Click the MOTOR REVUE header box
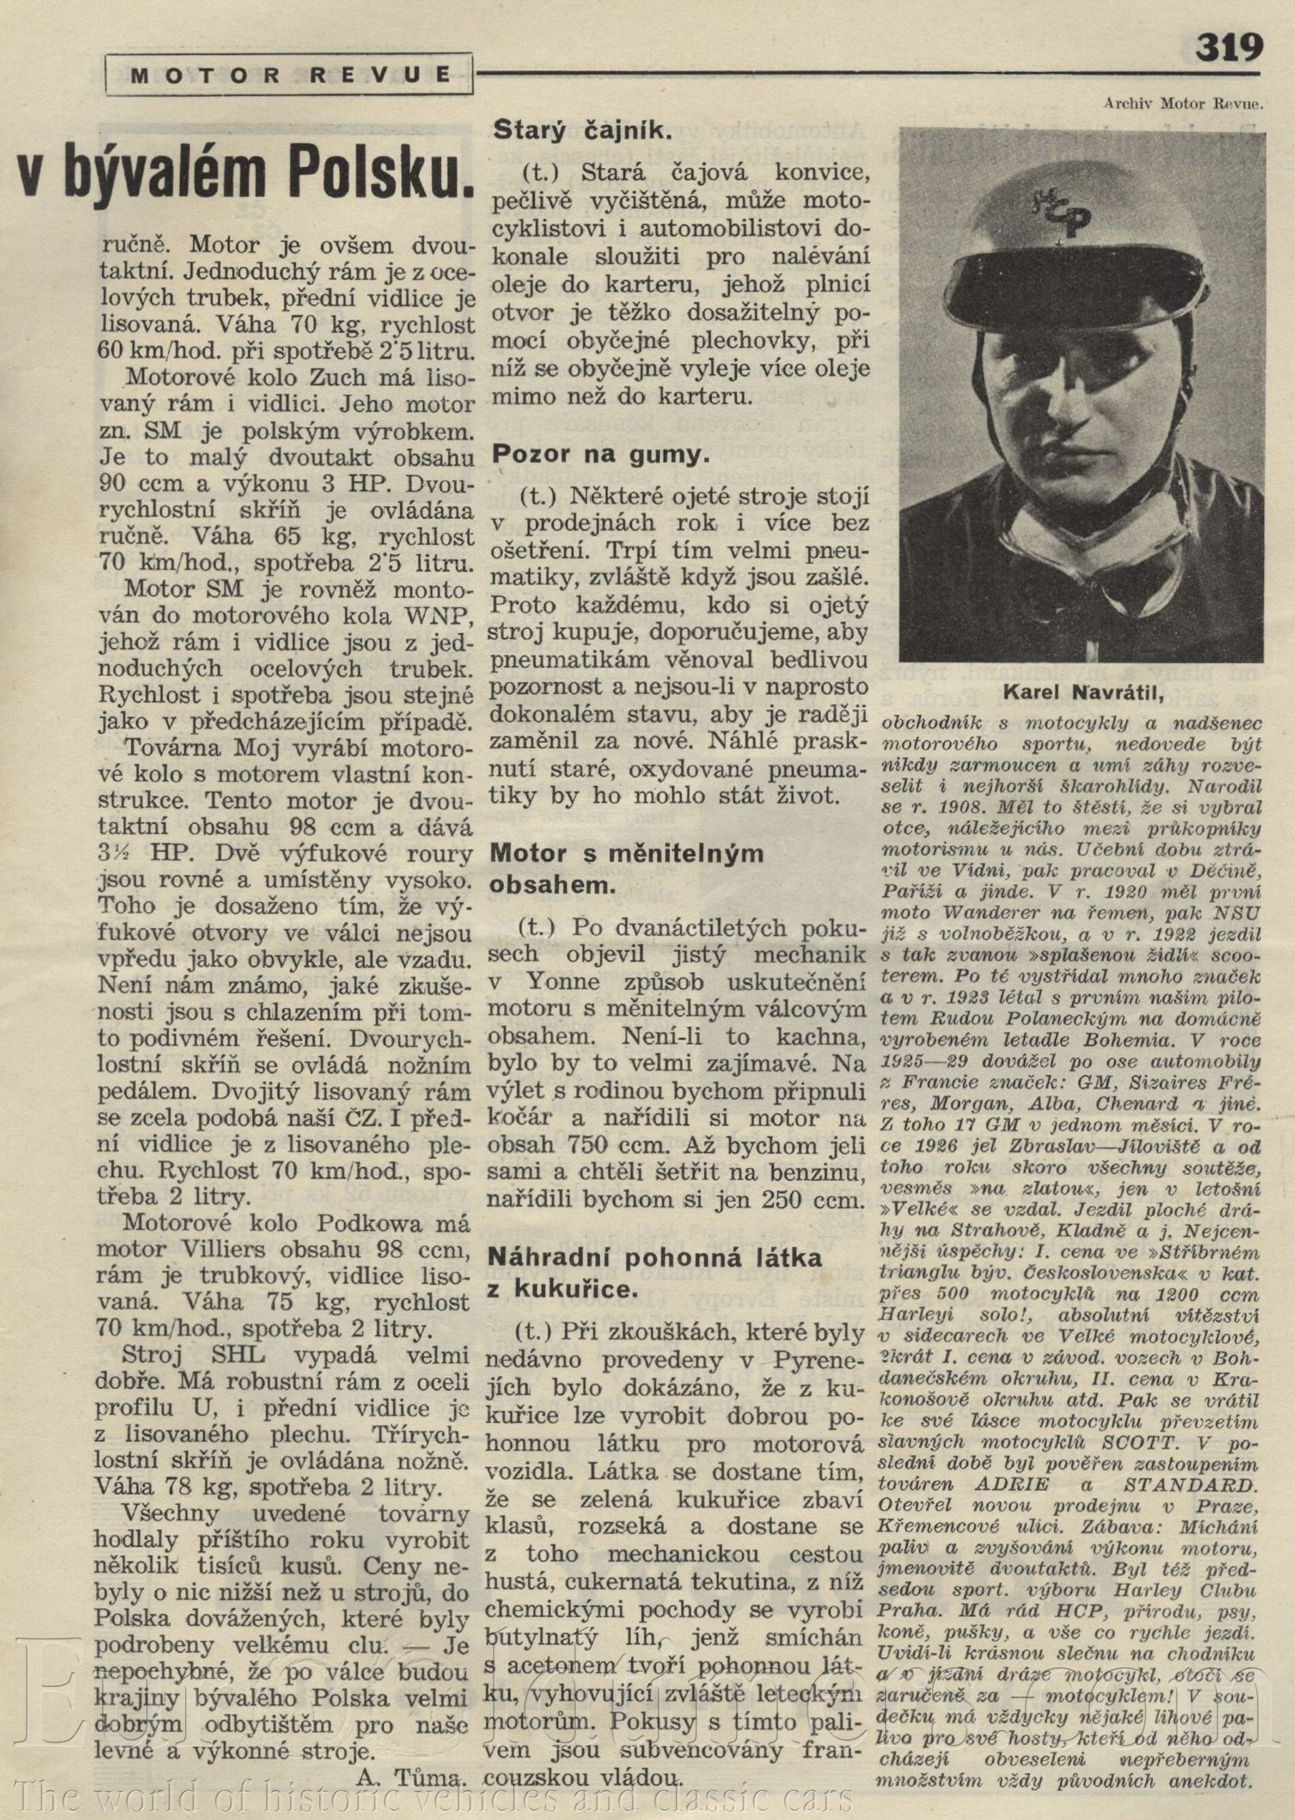[x=289, y=75]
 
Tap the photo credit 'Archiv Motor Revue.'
[x=1183, y=102]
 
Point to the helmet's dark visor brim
[x=1076, y=275]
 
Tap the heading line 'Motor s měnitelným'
[x=627, y=855]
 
